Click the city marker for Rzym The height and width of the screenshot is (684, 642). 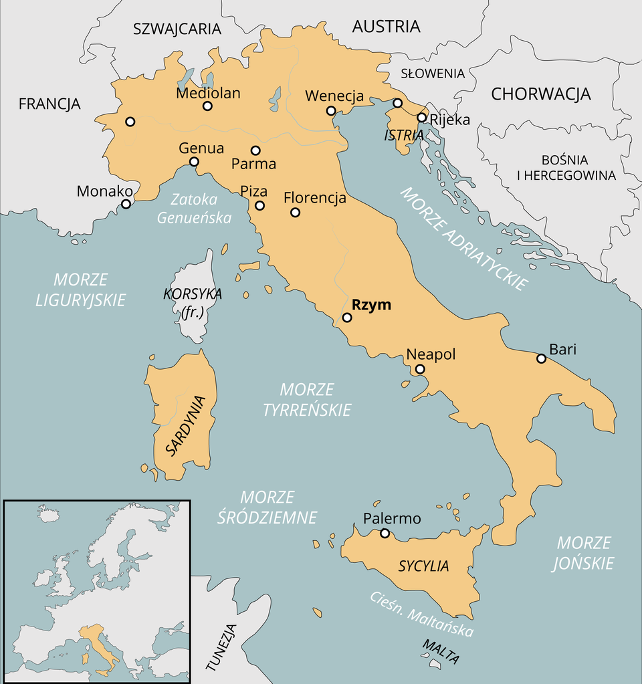[x=347, y=318]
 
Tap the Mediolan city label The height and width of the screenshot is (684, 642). [x=208, y=94]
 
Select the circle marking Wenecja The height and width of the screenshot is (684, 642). [x=330, y=111]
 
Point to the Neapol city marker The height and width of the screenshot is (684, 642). [x=420, y=369]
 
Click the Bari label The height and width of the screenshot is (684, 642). [x=562, y=349]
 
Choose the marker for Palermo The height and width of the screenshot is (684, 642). [x=385, y=533]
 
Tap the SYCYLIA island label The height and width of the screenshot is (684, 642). [x=423, y=566]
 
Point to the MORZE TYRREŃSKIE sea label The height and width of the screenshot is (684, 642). [x=307, y=399]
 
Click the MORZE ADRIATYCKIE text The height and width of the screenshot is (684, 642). [x=463, y=237]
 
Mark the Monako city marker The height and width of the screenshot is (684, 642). [x=126, y=204]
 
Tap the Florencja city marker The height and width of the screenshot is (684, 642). [x=295, y=213]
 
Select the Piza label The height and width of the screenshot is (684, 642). [x=254, y=191]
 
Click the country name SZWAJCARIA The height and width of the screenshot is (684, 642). [x=177, y=29]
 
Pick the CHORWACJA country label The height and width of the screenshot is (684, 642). [x=541, y=94]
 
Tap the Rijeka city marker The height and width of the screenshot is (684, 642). [x=422, y=118]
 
